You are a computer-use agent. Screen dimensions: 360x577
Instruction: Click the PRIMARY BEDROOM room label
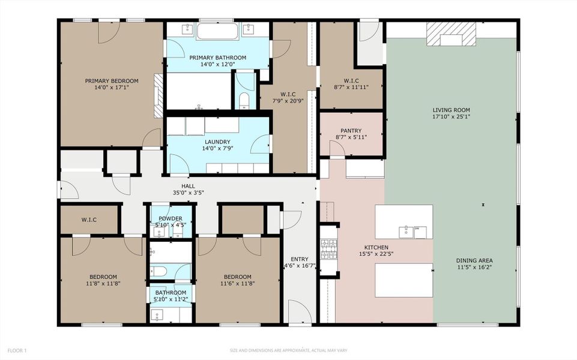click(x=112, y=81)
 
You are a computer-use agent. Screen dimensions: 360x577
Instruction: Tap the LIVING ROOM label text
click(x=451, y=110)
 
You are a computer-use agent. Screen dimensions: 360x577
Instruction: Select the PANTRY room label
click(x=351, y=130)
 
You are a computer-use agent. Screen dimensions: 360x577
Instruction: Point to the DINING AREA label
click(x=475, y=260)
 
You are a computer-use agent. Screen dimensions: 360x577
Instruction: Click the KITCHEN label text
click(x=376, y=247)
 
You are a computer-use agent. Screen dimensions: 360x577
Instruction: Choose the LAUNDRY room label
click(x=217, y=142)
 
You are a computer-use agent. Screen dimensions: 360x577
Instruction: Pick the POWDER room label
click(x=171, y=218)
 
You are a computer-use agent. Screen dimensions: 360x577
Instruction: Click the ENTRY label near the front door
click(x=299, y=259)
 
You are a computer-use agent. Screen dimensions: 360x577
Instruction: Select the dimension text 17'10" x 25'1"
click(x=451, y=117)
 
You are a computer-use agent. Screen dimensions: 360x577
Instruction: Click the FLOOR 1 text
click(x=17, y=350)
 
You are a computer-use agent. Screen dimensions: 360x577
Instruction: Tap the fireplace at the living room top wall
click(x=451, y=35)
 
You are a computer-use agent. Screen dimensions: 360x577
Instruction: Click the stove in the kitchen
click(x=328, y=248)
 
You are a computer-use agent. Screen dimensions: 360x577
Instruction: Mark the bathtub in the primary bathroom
click(x=217, y=31)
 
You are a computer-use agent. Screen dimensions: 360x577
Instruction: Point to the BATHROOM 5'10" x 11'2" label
click(x=171, y=293)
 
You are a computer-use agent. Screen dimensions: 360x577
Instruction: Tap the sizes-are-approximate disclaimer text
click(x=288, y=350)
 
